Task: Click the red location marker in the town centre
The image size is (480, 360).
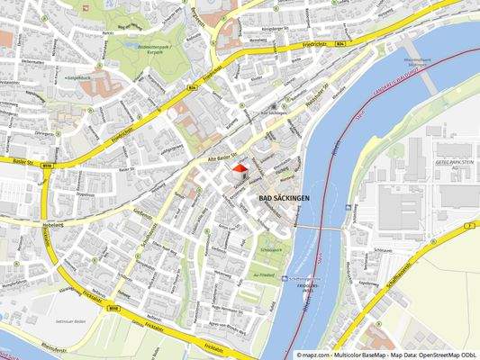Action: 240,168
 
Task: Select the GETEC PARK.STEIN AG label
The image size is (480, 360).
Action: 454,161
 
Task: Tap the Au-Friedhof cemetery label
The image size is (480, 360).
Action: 263,274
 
